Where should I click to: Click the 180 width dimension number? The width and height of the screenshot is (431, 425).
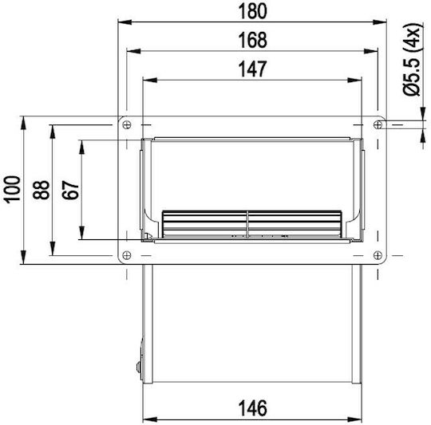pos(252,11)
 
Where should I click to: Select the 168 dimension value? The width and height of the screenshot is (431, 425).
pos(252,41)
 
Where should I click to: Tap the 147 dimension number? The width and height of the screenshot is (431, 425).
pos(252,69)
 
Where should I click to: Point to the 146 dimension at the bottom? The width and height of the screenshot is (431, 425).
pos(252,408)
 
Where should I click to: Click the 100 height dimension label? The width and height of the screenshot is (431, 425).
pos(12,190)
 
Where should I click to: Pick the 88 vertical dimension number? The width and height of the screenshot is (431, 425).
pos(42,190)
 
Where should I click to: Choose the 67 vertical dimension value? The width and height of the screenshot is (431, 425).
pos(70,190)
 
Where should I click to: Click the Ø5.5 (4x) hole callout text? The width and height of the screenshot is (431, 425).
pos(412,59)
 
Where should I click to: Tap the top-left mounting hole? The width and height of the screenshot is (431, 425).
pos(127,125)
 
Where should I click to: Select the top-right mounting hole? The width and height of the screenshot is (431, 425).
pos(378,125)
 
